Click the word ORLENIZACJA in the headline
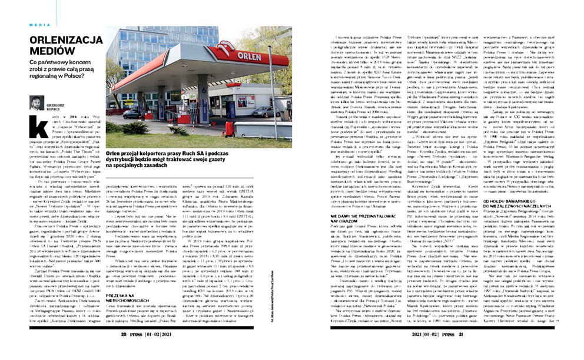click(66, 40)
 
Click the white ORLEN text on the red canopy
click(249, 56)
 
